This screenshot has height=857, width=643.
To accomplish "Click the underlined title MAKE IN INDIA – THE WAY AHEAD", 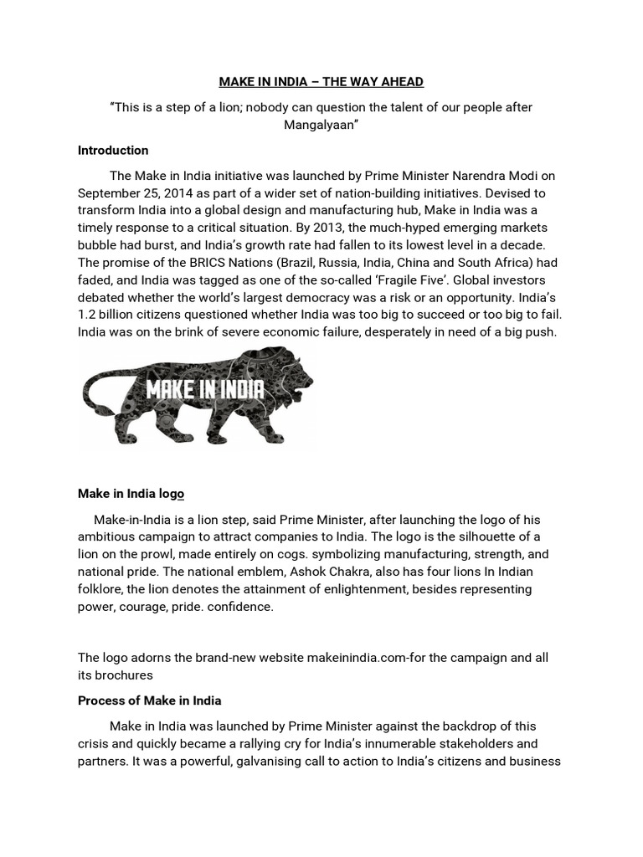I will tap(321, 81).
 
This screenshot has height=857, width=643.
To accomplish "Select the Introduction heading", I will tap(113, 151).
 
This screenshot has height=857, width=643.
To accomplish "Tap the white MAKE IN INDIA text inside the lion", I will tap(205, 389).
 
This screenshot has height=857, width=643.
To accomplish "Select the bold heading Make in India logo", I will tap(131, 494).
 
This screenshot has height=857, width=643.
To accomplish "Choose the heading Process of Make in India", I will tap(149, 700).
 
